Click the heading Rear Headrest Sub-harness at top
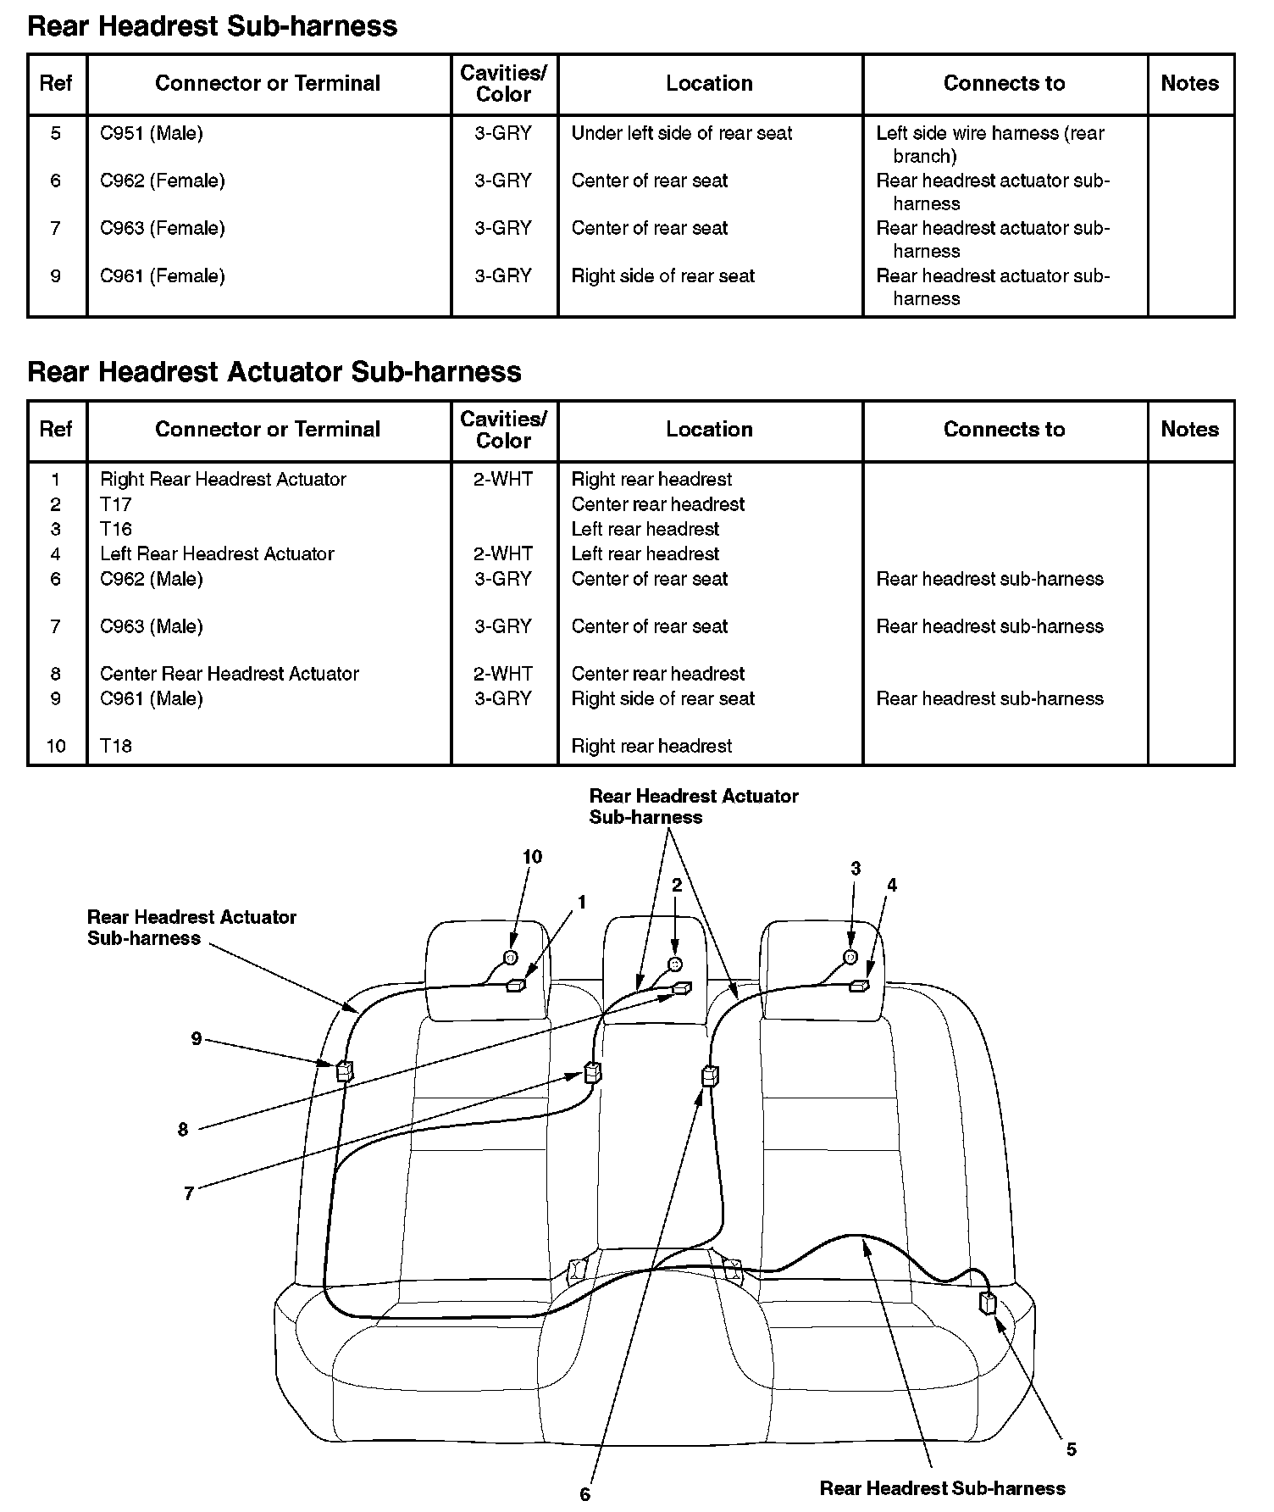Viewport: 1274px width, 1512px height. point(212,26)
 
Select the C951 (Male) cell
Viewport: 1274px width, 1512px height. point(152,133)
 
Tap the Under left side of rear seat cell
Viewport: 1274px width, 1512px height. point(681,133)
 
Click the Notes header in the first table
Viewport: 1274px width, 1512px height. point(1189,83)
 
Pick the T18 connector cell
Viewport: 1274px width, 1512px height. point(116,746)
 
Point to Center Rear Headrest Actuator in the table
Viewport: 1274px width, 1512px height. point(229,674)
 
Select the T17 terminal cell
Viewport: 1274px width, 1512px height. point(116,504)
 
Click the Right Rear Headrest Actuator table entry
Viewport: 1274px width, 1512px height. point(223,479)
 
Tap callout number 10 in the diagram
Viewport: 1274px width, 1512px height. point(532,857)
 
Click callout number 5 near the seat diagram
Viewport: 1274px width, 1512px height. point(1071,1449)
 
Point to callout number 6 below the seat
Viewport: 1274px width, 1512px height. point(584,1494)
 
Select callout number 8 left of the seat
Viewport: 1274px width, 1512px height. point(183,1130)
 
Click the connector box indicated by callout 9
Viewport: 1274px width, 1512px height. point(345,1070)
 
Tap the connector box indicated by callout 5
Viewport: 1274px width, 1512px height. point(988,1303)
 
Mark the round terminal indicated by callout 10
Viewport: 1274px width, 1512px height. point(510,958)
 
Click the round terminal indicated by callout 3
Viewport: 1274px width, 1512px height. point(850,957)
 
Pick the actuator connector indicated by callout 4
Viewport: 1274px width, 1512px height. point(860,986)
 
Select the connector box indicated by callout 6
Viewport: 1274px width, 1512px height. point(710,1076)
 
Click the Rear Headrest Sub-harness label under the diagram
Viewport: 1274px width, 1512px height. point(942,1488)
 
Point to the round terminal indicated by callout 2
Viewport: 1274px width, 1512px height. point(674,964)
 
